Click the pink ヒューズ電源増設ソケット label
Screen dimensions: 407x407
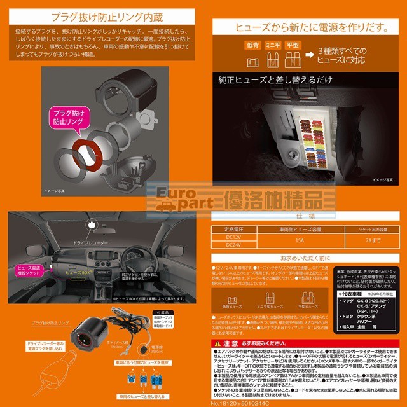click(x=27, y=272)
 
